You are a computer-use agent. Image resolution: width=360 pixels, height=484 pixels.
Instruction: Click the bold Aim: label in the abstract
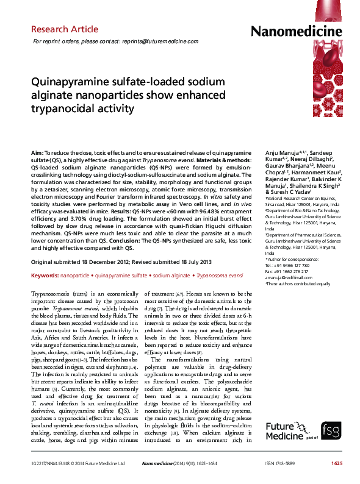tap(37, 150)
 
